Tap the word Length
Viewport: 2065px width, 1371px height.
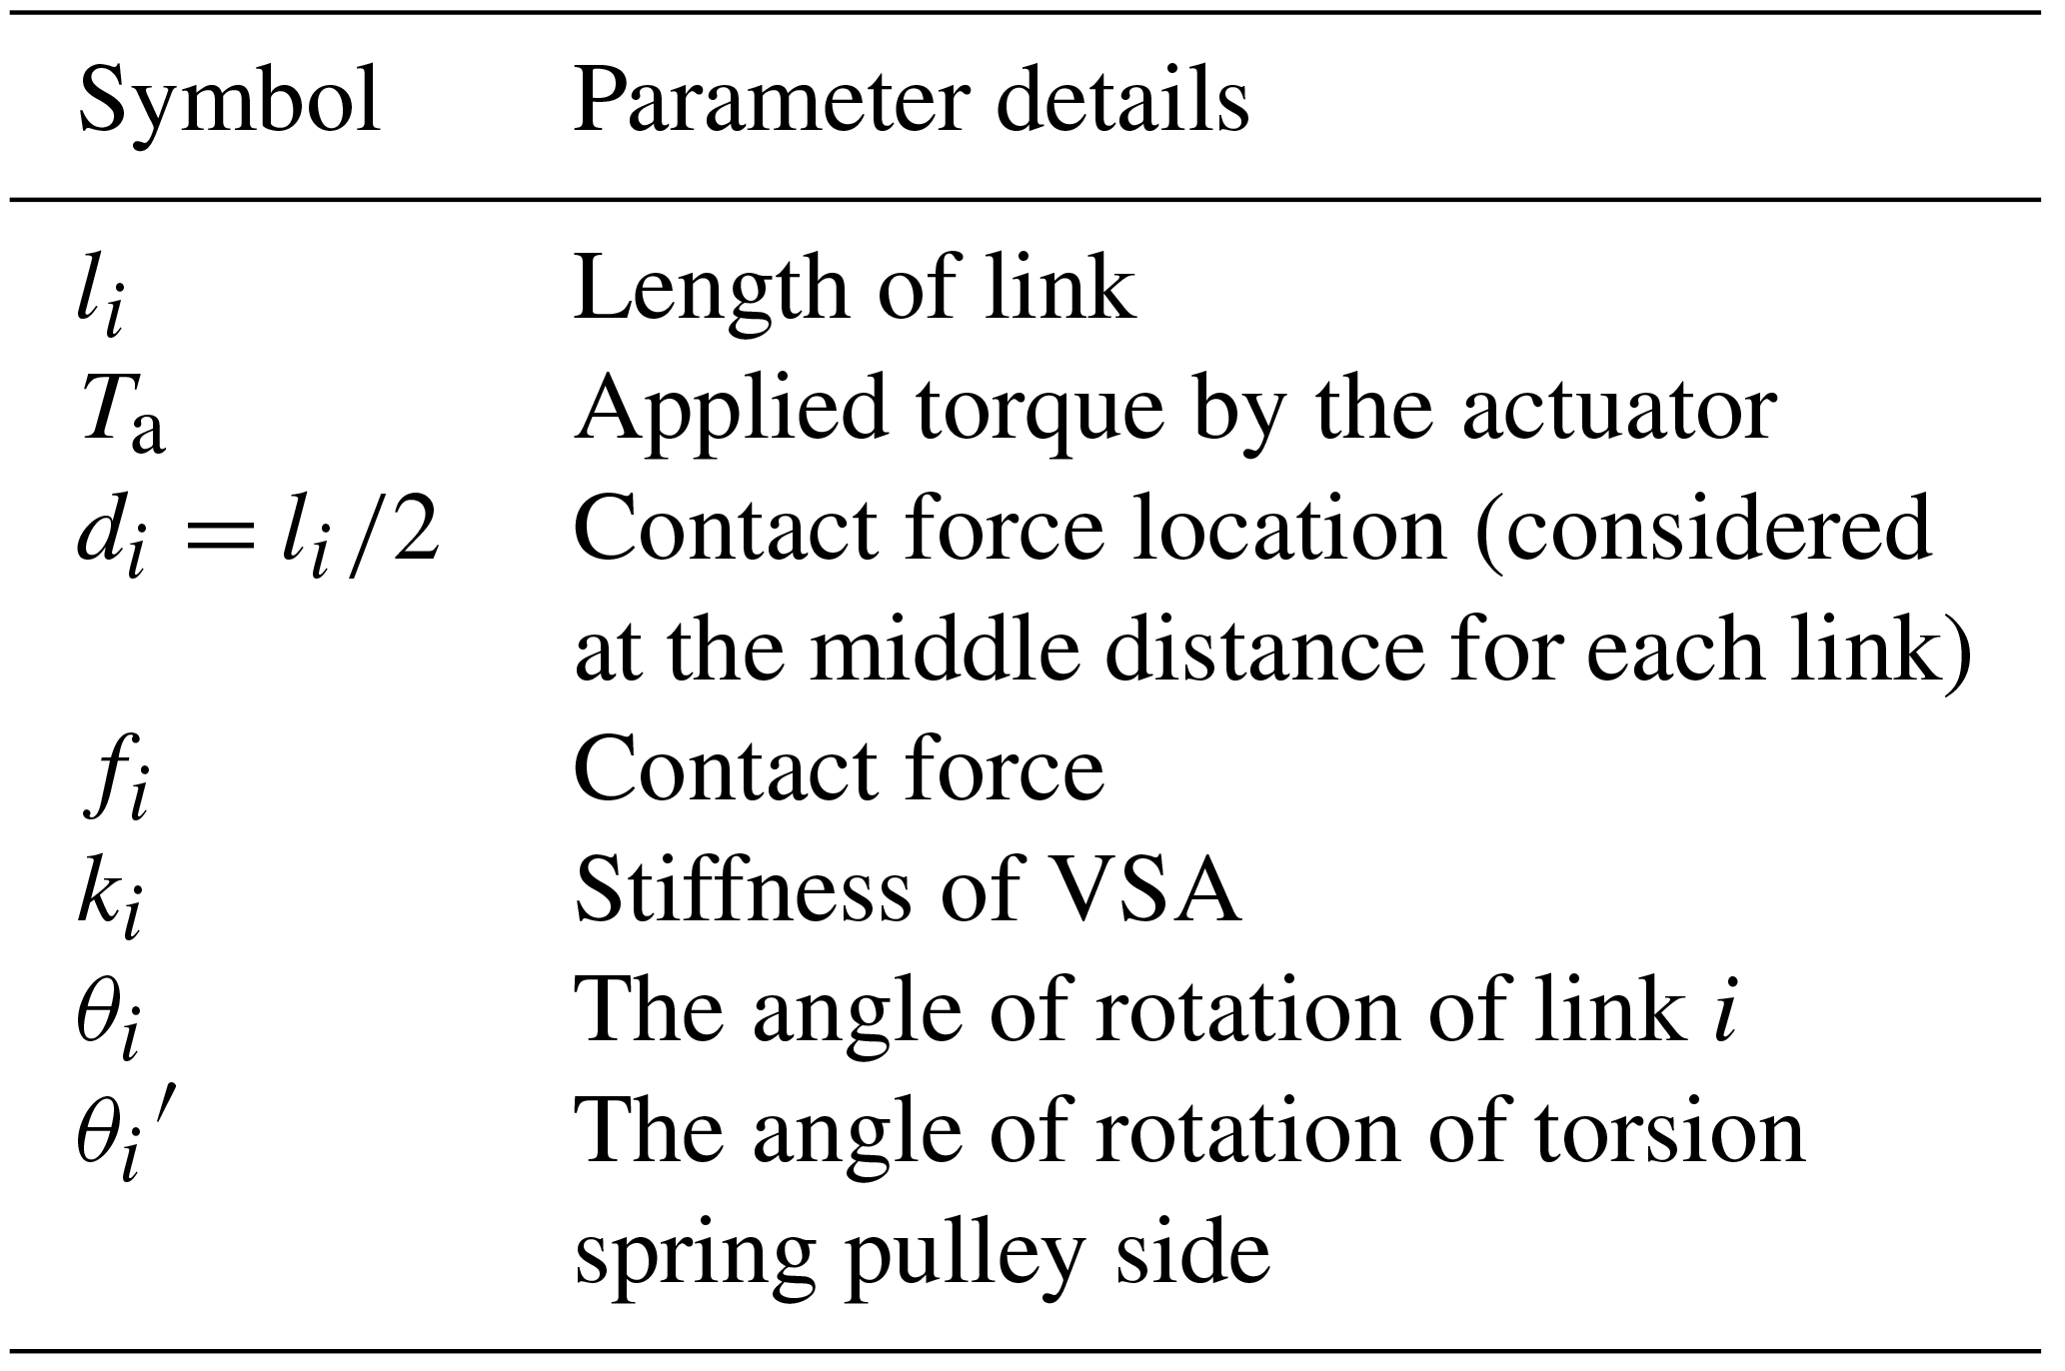711,289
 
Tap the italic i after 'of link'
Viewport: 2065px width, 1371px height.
1723,1010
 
